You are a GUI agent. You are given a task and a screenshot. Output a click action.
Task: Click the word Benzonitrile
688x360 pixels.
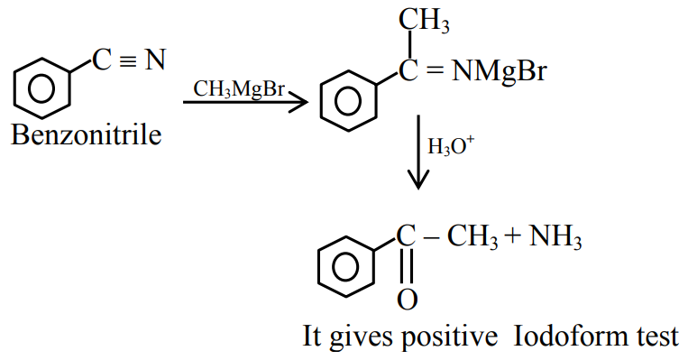tap(87, 135)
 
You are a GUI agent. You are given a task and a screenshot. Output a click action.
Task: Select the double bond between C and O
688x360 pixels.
tap(407, 266)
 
